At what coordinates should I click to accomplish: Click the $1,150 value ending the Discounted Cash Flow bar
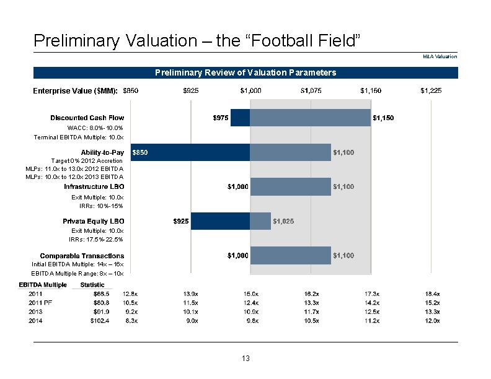pyautogui.click(x=383, y=118)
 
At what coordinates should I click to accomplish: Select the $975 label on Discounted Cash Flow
pyautogui.click(x=220, y=118)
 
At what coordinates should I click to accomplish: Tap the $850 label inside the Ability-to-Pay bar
pyautogui.click(x=140, y=152)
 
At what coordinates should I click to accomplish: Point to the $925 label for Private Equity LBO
pyautogui.click(x=181, y=221)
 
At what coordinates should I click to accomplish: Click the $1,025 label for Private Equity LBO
pyautogui.click(x=284, y=221)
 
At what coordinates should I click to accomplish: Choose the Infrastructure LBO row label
pyautogui.click(x=94, y=186)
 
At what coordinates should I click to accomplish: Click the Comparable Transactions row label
pyautogui.click(x=82, y=256)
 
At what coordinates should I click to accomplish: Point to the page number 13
pyautogui.click(x=245, y=359)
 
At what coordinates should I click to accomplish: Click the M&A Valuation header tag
pyautogui.click(x=440, y=56)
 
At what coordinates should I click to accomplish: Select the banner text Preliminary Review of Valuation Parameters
pyautogui.click(x=245, y=72)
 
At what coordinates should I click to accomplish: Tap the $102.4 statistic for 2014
pyautogui.click(x=99, y=321)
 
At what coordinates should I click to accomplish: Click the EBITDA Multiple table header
pyautogui.click(x=43, y=285)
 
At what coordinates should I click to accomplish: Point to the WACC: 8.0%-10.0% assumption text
pyautogui.click(x=95, y=128)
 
